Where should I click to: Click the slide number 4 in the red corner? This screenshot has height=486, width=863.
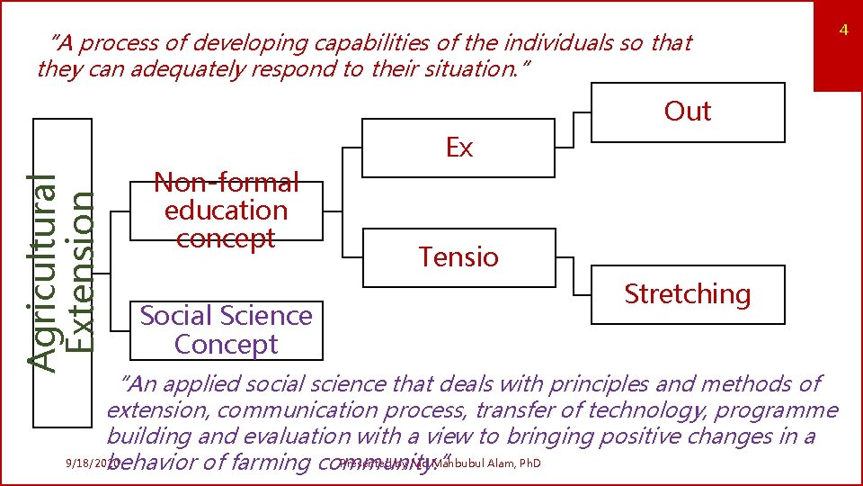[844, 31]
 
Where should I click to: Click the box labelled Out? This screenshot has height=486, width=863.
[688, 112]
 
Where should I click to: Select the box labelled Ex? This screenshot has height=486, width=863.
[458, 148]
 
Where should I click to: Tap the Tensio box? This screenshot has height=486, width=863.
[458, 257]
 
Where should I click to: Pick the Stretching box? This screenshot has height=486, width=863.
[688, 294]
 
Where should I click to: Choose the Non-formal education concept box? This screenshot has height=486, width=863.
[226, 211]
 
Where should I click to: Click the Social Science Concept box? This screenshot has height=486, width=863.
[226, 329]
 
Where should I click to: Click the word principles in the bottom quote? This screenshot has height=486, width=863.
[593, 384]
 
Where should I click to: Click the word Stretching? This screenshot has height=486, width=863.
[688, 294]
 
